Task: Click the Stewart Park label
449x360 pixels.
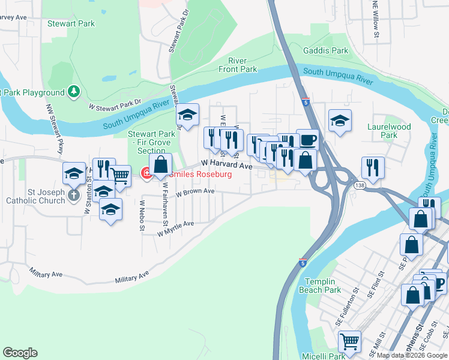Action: (x=78, y=23)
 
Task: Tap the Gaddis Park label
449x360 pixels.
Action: (x=326, y=51)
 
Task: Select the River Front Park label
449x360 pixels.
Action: (x=243, y=65)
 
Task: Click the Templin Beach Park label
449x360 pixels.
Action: (x=331, y=286)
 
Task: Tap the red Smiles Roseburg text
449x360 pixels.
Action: (x=200, y=174)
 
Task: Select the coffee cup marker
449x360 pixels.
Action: (x=307, y=140)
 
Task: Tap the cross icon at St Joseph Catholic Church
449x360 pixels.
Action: (x=74, y=195)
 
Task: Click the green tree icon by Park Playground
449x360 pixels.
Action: (x=74, y=92)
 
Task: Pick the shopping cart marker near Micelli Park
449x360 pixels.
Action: (x=349, y=341)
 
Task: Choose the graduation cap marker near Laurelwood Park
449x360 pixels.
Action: (x=340, y=121)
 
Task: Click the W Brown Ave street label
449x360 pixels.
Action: (x=195, y=192)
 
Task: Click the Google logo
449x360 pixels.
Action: (x=20, y=352)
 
